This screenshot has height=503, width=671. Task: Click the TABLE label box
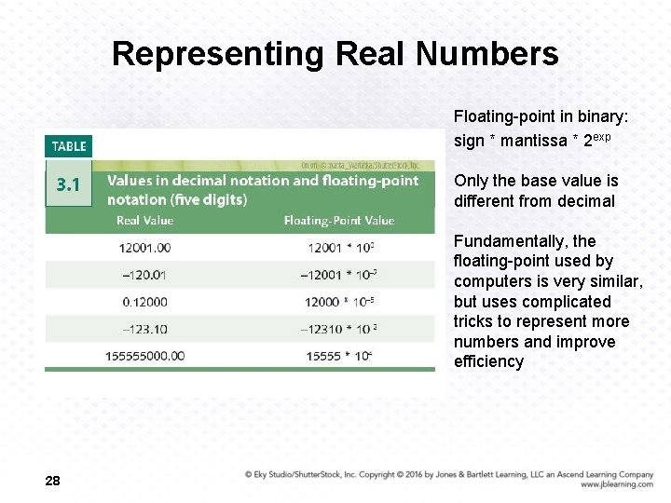69,146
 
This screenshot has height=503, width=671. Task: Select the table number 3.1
69,184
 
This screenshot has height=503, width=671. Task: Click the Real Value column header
144,221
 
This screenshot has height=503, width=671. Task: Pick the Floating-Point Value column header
339,221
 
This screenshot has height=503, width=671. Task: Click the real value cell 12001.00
144,248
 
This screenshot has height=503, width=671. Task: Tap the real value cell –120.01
144,275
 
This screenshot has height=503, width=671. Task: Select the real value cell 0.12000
144,302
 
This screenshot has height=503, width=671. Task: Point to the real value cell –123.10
144,329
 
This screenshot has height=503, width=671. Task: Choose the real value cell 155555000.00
144,356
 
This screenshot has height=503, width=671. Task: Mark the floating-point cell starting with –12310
338,329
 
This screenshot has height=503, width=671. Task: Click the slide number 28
52,481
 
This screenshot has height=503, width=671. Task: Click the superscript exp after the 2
601,137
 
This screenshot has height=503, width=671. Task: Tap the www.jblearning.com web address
616,484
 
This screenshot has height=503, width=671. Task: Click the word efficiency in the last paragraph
488,362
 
